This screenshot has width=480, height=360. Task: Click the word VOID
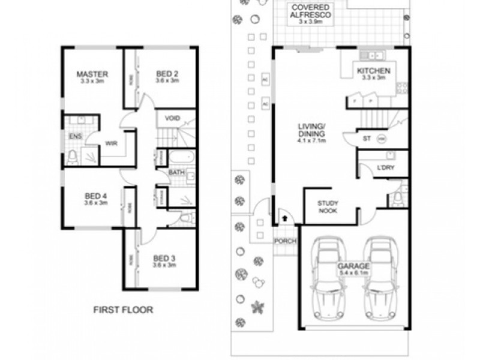(x=172, y=118)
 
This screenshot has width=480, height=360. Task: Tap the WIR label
(x=111, y=144)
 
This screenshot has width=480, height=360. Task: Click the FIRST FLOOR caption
(x=123, y=310)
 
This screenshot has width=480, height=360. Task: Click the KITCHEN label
(x=374, y=71)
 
